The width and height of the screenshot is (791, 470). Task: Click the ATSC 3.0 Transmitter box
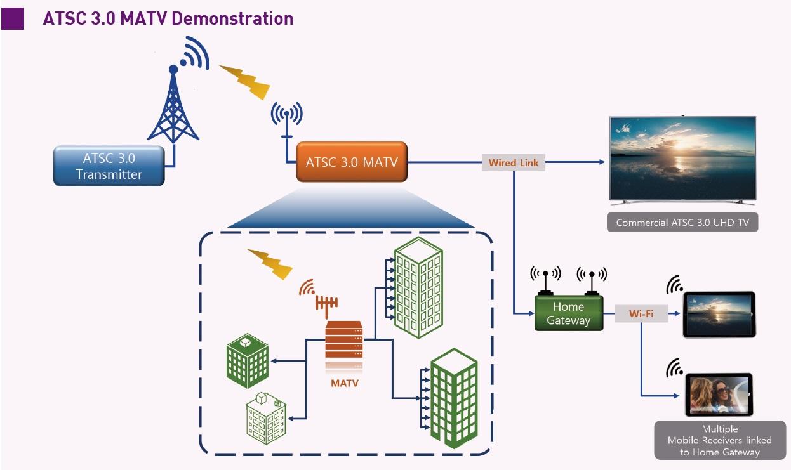pyautogui.click(x=109, y=166)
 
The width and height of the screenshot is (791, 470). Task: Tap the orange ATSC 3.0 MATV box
pyautogui.click(x=352, y=162)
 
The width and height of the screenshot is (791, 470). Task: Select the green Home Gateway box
pyautogui.click(x=568, y=313)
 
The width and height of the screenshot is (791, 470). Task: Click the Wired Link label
pyautogui.click(x=513, y=162)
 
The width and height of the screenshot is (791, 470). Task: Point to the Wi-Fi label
pyautogui.click(x=641, y=313)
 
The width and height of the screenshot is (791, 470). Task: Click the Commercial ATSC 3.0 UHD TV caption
pyautogui.click(x=682, y=223)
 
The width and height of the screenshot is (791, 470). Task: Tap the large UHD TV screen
pyautogui.click(x=682, y=159)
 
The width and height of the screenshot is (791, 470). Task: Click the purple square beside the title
pyautogui.click(x=13, y=18)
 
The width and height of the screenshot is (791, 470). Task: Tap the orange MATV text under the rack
pyautogui.click(x=344, y=383)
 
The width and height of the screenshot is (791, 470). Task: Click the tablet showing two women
pyautogui.click(x=719, y=394)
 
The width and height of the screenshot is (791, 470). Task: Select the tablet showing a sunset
pyautogui.click(x=719, y=314)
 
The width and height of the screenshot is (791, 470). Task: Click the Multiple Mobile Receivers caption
pyautogui.click(x=719, y=440)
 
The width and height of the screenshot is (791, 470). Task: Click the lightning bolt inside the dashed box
pyautogui.click(x=269, y=263)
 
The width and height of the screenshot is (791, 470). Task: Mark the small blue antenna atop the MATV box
pyautogui.click(x=287, y=121)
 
